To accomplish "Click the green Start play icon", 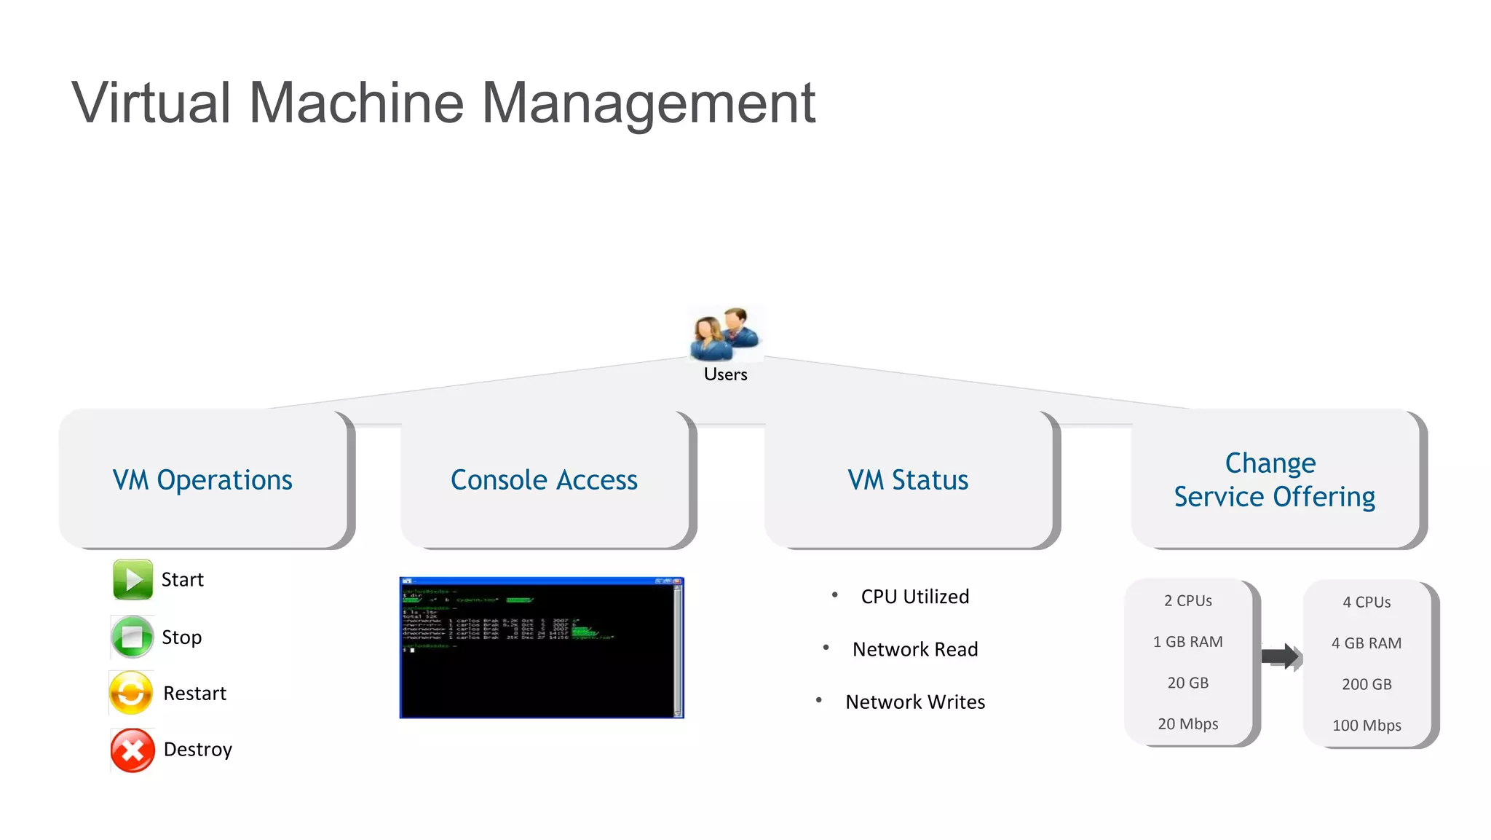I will pos(133,580).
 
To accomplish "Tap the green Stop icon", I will pos(132,637).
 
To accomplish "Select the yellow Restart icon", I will pos(131,693).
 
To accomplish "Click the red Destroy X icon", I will pos(133,750).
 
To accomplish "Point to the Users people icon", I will pos(725,335).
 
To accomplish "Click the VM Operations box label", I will pos(202,480).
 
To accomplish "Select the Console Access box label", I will pos(544,480).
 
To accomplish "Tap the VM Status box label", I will pos(908,480).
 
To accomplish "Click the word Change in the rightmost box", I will pos(1270,463).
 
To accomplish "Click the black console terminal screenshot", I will pos(542,648).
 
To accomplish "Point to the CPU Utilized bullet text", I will pos(915,597).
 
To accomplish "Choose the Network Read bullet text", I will pos(915,649).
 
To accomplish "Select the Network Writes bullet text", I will pos(915,702).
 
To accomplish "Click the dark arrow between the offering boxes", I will pos(1281,656).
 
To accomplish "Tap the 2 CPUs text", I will pos(1187,601).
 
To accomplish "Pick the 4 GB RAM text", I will pos(1367,643).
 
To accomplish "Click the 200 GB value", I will pos(1367,685).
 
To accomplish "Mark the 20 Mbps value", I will pos(1187,724).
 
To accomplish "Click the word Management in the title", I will pos(648,103).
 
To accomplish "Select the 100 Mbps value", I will pos(1367,726).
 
